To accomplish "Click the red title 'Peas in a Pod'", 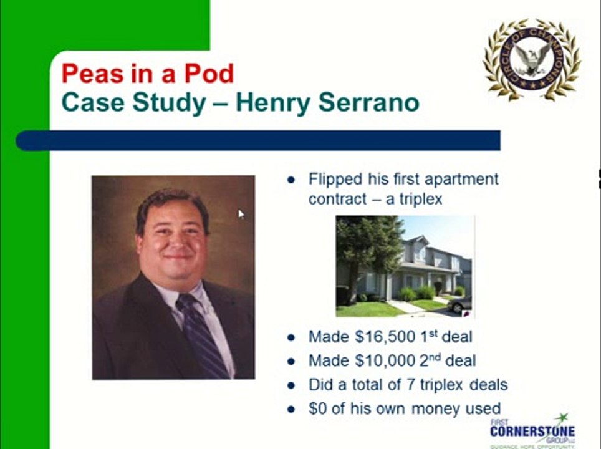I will tap(147, 74).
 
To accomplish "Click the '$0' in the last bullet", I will tap(318, 408).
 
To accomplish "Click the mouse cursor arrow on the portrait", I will tap(241, 214).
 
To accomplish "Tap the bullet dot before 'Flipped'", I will tap(291, 180).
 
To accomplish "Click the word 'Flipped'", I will tap(335, 180).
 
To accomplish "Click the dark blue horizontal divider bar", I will tap(258, 140).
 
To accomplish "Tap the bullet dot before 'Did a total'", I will tap(291, 385).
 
